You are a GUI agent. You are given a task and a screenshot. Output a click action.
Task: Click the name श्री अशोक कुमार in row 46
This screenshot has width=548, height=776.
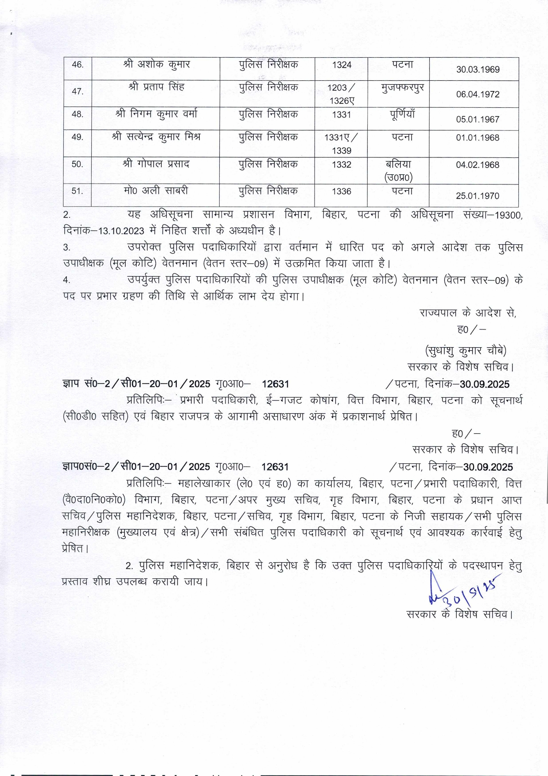tap(156, 64)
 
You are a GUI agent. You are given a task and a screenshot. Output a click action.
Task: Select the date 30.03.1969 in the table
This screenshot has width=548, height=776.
tap(478, 70)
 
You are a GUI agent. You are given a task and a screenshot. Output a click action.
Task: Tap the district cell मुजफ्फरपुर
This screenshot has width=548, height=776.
tap(402, 87)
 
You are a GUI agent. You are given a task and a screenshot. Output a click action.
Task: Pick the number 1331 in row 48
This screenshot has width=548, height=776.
tap(341, 115)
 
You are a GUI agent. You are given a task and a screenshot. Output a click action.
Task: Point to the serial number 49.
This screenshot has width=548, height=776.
tap(78, 137)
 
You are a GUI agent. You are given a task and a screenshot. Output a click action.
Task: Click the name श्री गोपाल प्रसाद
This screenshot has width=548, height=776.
tap(156, 164)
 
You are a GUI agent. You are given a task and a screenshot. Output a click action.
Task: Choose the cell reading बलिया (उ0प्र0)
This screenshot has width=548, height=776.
tap(398, 171)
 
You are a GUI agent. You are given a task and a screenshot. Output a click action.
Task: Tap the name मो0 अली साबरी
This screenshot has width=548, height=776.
tap(156, 191)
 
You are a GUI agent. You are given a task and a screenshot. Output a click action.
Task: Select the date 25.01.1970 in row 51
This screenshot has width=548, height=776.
tap(478, 196)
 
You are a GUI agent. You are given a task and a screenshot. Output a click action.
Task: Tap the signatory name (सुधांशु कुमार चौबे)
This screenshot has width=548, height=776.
tap(466, 350)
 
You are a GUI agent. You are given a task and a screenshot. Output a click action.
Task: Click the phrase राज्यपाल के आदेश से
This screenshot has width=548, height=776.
tap(468, 313)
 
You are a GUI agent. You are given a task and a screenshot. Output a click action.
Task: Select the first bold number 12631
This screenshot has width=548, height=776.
tap(275, 384)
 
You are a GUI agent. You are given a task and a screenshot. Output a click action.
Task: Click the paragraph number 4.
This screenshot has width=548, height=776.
tap(66, 280)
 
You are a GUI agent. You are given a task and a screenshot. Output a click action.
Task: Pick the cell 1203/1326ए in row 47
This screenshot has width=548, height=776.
tap(341, 94)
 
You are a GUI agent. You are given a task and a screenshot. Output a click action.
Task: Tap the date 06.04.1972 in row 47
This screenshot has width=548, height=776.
tap(478, 94)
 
